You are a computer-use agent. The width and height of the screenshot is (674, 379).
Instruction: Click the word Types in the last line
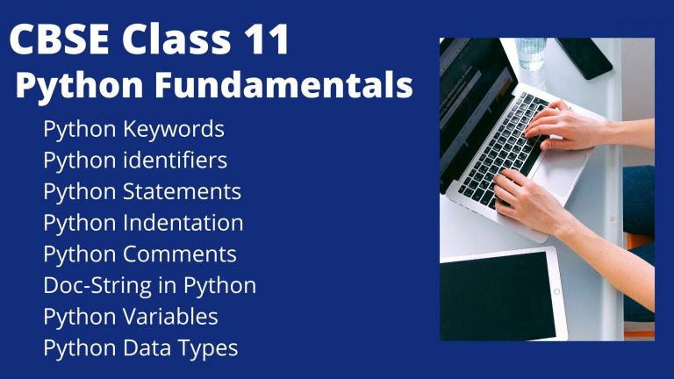[211, 347]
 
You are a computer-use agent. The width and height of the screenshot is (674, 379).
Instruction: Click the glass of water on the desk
[531, 53]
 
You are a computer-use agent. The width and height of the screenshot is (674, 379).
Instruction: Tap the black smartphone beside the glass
[584, 57]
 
